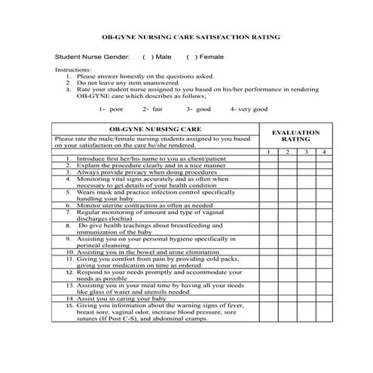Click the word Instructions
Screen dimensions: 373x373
(x=73, y=69)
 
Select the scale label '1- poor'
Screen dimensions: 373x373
(x=111, y=109)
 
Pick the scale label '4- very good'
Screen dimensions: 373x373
(x=249, y=109)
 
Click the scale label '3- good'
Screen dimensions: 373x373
(x=199, y=109)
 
